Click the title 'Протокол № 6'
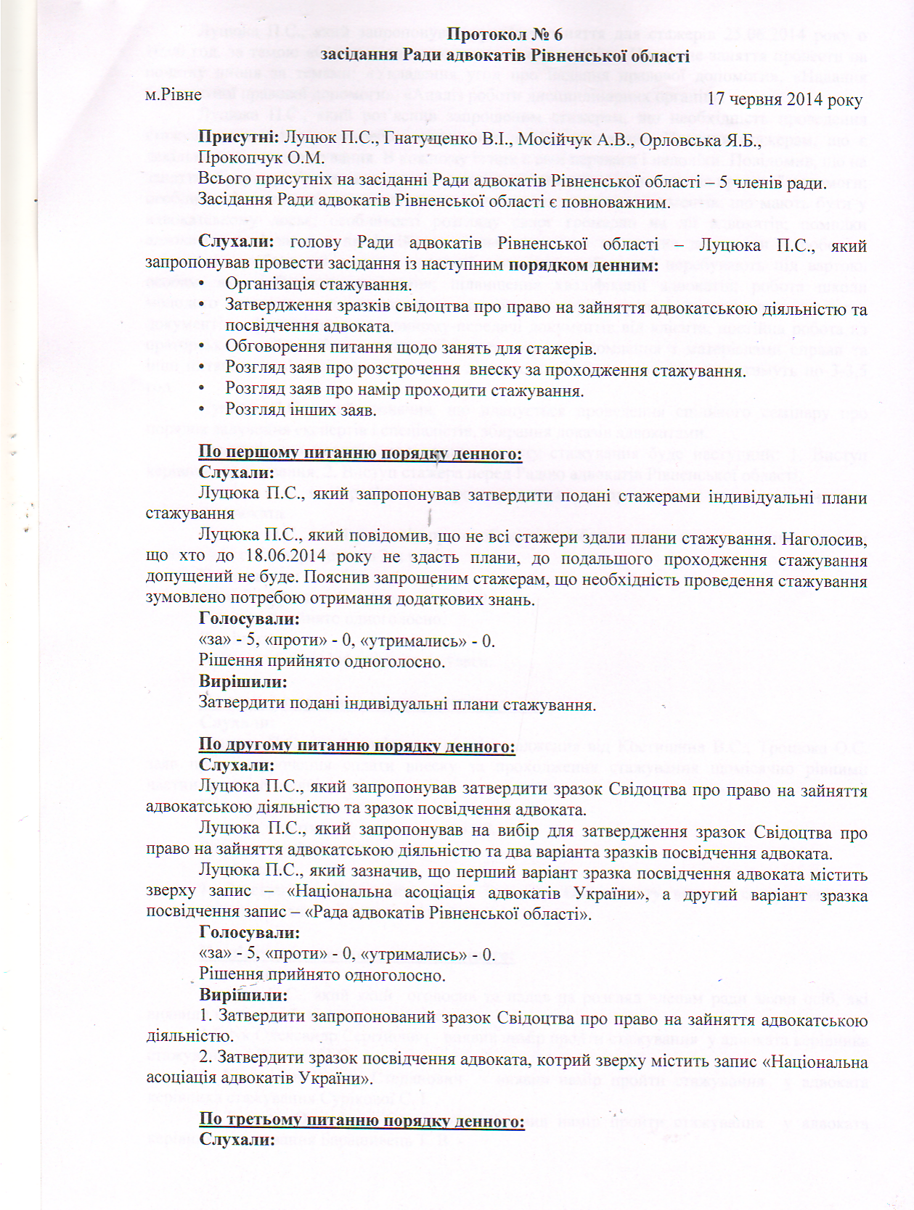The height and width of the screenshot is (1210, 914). point(505,34)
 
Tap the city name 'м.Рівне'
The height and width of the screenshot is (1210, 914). point(173,94)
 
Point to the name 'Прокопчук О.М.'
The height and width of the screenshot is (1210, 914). point(261,158)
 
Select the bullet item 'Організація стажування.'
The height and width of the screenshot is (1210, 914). point(318,284)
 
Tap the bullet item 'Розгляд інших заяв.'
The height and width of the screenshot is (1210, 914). point(301,410)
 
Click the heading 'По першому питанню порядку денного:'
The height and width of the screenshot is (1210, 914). point(360,453)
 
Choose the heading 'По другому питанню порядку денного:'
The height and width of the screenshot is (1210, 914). point(356,746)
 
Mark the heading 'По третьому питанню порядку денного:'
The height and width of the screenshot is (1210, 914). point(362,1120)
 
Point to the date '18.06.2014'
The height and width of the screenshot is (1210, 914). point(276,557)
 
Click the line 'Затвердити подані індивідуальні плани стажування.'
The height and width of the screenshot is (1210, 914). point(397,704)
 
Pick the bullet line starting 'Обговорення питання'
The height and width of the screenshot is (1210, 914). point(410,348)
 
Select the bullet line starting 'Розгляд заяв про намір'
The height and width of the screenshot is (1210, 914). point(404,390)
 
